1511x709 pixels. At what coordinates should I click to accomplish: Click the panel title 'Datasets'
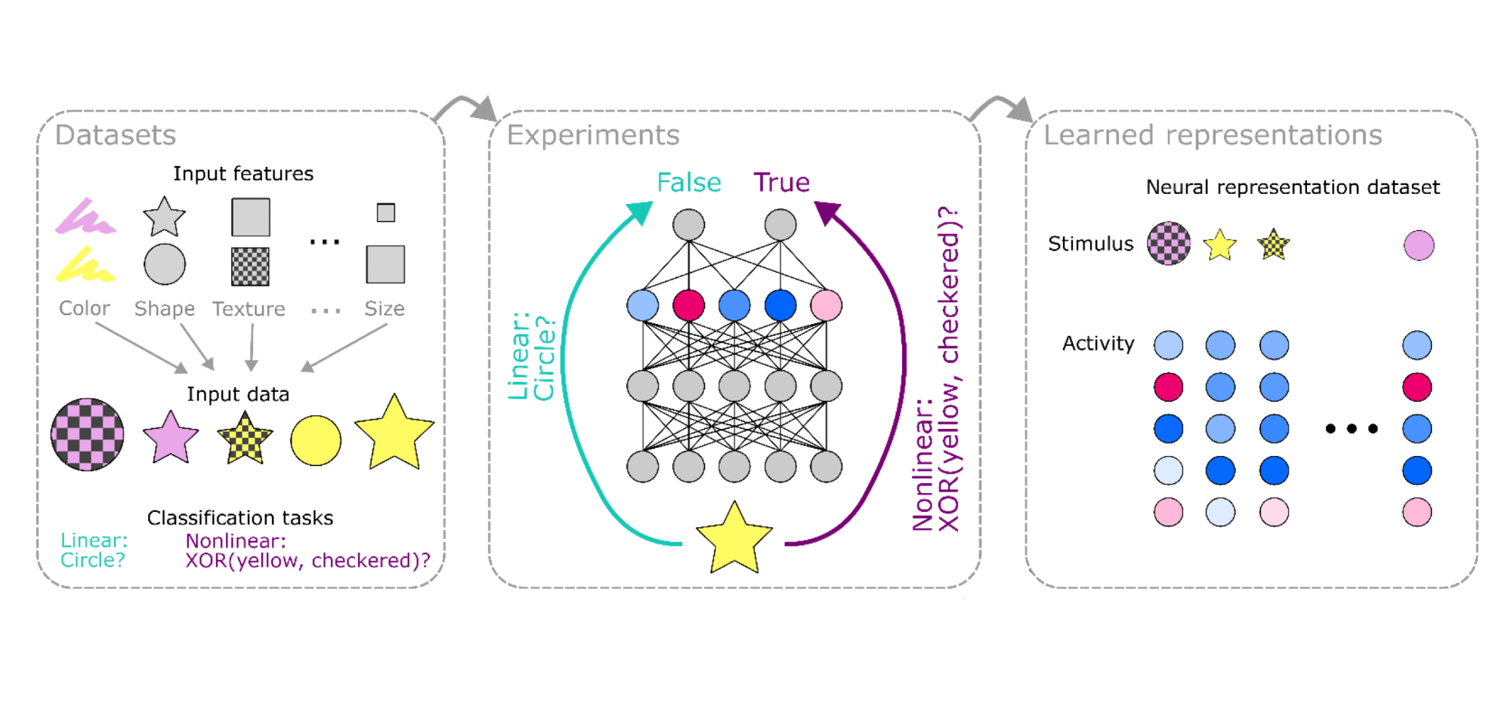coord(116,135)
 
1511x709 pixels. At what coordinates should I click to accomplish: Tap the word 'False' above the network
coord(688,183)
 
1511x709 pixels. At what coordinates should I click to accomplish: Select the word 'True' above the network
coord(781,183)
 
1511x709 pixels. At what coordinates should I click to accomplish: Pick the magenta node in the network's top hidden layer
coord(688,305)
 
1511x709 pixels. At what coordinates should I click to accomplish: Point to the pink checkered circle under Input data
coord(88,435)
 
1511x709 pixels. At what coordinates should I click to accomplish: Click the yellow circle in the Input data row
coord(316,440)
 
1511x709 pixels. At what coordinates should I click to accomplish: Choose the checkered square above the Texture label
coord(250,267)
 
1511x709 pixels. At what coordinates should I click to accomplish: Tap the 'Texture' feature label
coord(249,309)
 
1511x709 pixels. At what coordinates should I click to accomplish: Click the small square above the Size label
coord(386,213)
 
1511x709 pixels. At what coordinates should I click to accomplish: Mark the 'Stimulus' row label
coord(1090,244)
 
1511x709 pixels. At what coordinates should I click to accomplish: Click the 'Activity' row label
coord(1098,344)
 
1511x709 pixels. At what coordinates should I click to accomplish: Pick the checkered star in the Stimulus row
coord(1274,245)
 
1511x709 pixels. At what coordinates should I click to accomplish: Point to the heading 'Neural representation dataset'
coord(1293,187)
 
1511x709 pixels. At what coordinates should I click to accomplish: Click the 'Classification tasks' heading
coord(240,518)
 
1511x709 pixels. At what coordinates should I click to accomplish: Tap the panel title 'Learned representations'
coord(1213,135)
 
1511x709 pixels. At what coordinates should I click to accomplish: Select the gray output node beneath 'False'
coord(688,224)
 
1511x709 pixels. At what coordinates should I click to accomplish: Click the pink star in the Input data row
coord(171,438)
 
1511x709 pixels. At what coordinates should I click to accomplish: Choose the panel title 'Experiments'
coord(593,135)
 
